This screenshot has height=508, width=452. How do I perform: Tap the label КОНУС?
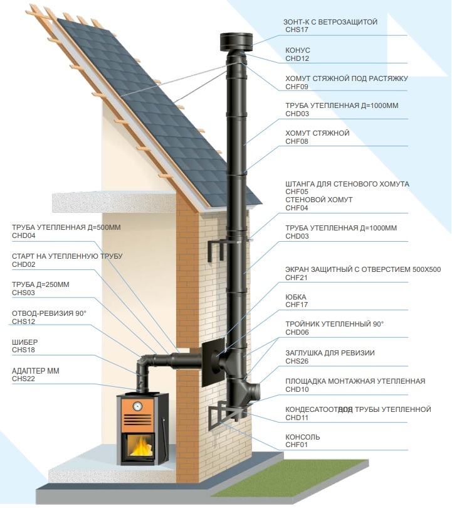tap(298, 50)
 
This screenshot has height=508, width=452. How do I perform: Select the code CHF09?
tap(297, 87)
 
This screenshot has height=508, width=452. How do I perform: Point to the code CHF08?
tap(297, 142)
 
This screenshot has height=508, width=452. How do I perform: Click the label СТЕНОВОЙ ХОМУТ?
tap(318, 200)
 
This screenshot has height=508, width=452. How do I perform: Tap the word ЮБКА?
tap(296, 297)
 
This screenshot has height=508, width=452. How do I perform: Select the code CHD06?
tap(297, 332)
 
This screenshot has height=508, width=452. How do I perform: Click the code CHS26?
tap(297, 361)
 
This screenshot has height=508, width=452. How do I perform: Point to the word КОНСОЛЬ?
tap(303, 436)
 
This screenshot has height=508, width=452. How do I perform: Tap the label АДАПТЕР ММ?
tap(36, 371)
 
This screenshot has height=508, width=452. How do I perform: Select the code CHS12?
tap(23, 322)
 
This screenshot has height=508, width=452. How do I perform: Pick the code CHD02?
tap(24, 265)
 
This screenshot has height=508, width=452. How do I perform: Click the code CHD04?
tap(24, 235)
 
